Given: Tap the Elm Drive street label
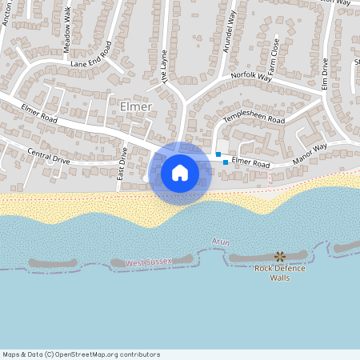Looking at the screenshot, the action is (326, 75).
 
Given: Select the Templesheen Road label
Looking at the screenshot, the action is (255, 119).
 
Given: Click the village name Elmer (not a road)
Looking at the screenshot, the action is (134, 106).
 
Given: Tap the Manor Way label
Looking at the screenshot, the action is (310, 153).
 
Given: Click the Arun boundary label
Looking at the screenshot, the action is (221, 241).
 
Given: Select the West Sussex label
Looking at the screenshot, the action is (148, 262).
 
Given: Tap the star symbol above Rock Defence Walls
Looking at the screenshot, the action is (279, 256).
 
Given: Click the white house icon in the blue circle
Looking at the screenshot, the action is (179, 173).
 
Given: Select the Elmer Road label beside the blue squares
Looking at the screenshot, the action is (252, 162).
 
